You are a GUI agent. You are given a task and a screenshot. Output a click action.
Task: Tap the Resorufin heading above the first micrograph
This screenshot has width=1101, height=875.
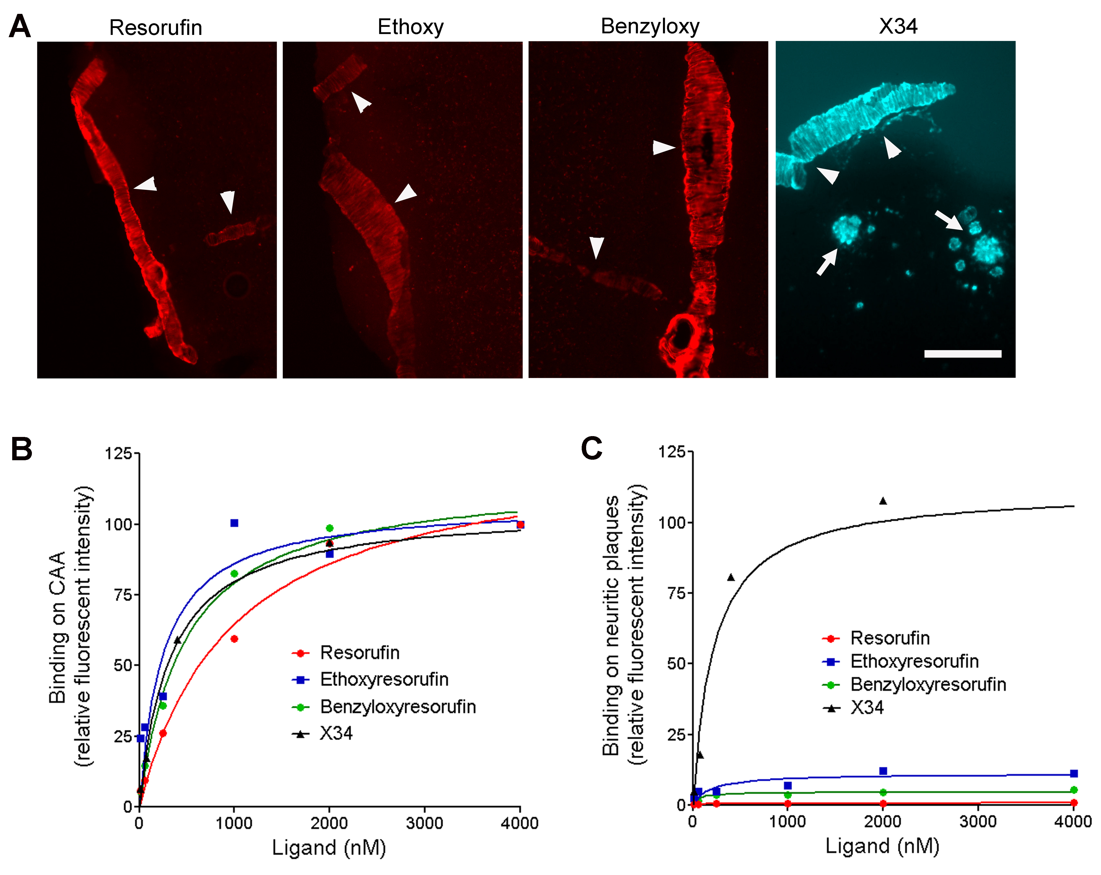(156, 27)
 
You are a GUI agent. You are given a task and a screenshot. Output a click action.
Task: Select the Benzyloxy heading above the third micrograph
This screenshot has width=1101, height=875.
(650, 27)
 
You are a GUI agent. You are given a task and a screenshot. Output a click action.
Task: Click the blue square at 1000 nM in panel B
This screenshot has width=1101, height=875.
(234, 523)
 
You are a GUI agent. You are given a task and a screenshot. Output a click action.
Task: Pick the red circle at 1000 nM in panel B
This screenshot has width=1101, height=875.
(234, 639)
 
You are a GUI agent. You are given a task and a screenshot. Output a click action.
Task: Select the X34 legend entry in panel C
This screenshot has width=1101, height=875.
(853, 708)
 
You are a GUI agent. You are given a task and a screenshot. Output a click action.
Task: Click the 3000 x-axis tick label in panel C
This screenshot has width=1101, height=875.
(978, 821)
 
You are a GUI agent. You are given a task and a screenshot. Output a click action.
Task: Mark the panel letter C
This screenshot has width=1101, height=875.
(592, 449)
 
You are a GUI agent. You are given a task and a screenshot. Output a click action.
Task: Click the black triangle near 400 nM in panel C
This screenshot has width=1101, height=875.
(731, 578)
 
